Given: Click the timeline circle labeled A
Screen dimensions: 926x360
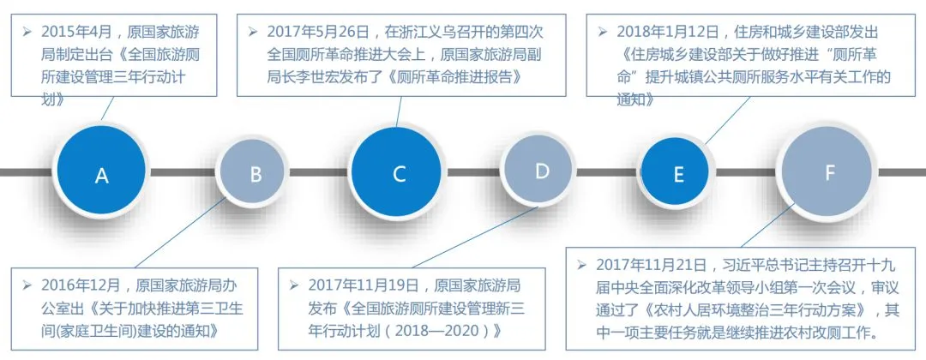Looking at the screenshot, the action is pos(102,175).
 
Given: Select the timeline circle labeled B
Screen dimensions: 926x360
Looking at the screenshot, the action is pos(256,174).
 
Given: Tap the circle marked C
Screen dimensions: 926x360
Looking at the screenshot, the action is pos(399,174).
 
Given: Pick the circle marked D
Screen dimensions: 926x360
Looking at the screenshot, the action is pos(542,171).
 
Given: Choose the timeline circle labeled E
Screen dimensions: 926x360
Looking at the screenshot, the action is pos(679,174).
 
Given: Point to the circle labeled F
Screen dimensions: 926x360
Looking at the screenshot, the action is pos(829,173).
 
